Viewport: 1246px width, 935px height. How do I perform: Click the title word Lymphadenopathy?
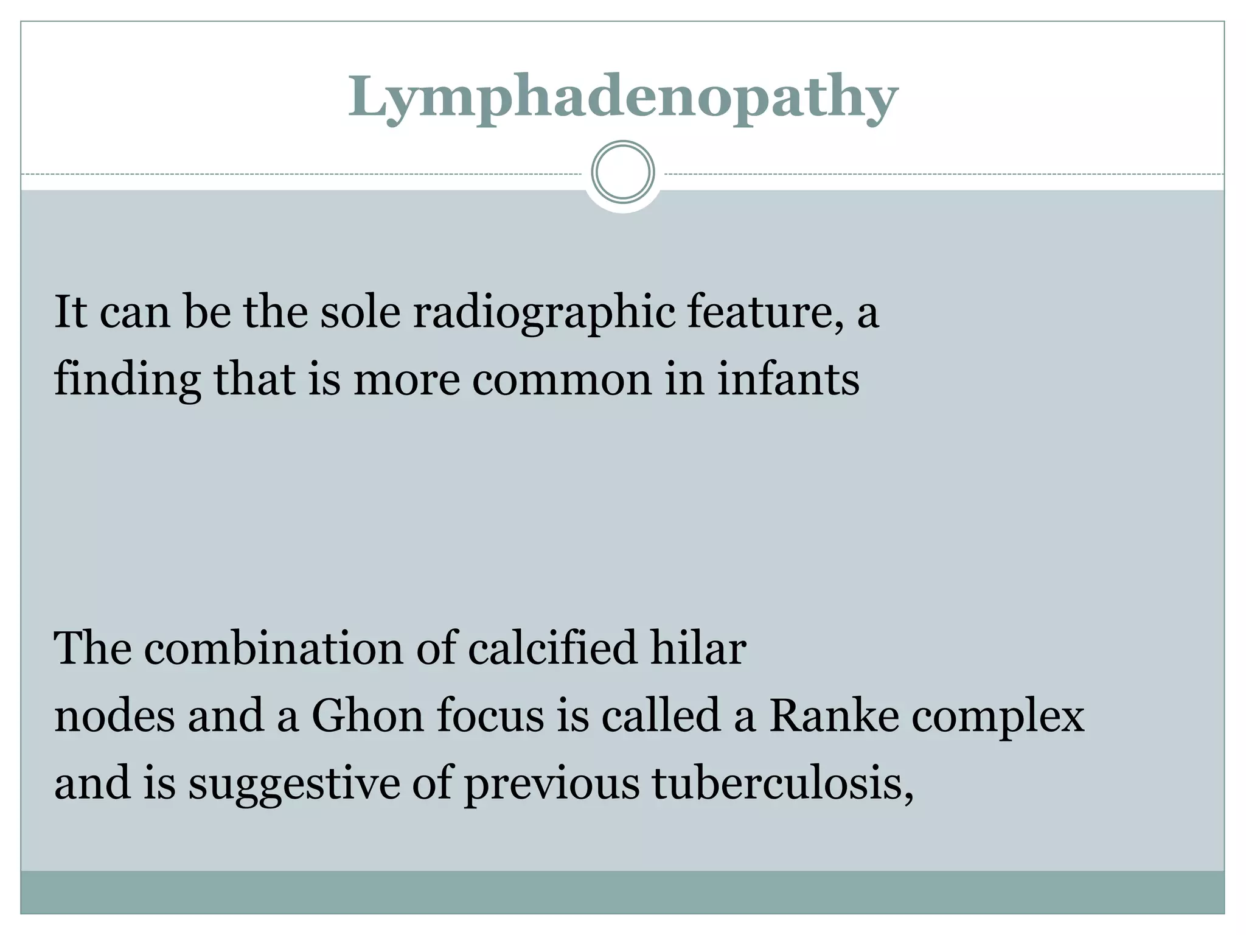point(622,97)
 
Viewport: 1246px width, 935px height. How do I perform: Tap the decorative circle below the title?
point(622,172)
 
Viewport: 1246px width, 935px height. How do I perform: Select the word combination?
point(273,648)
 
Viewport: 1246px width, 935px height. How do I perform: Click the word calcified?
point(552,648)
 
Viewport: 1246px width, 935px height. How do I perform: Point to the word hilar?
point(698,648)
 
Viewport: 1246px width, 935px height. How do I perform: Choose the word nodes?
point(114,716)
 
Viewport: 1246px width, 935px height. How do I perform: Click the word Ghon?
point(367,716)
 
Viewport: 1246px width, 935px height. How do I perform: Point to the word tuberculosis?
point(781,784)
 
